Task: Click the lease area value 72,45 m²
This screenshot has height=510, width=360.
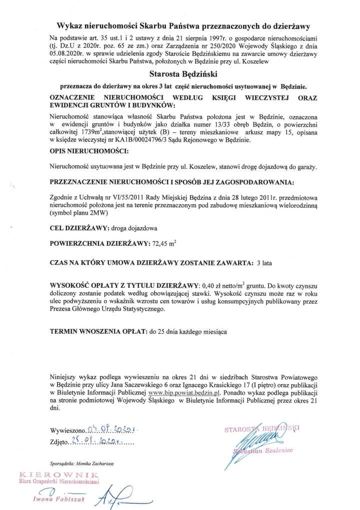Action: click(x=167, y=244)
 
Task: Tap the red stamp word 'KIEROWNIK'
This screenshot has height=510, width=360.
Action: click(x=59, y=474)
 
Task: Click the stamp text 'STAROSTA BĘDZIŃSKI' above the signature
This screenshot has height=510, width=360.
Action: click(x=262, y=429)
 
